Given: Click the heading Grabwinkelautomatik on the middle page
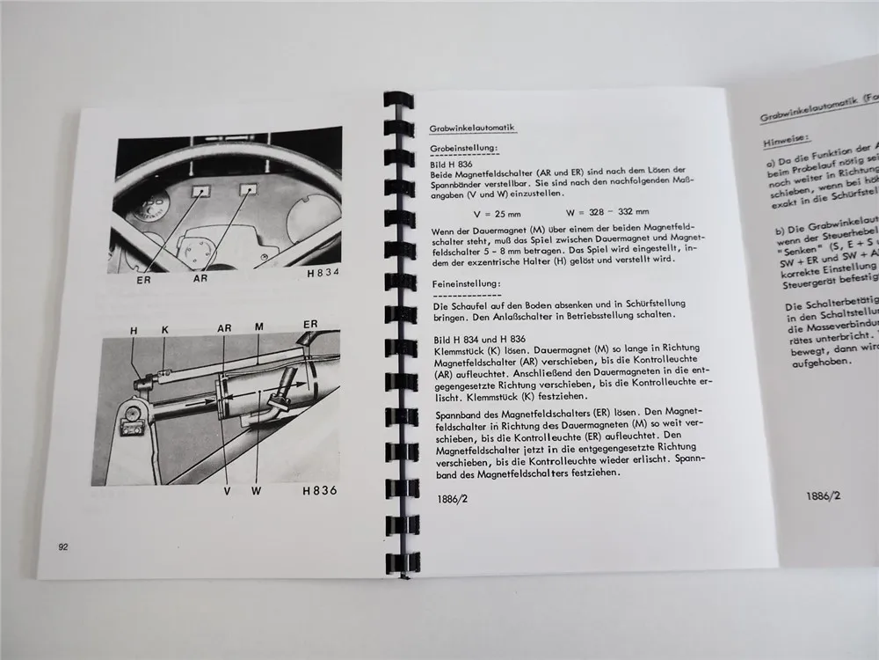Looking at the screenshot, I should (x=472, y=128).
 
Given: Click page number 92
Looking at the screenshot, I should (x=62, y=546).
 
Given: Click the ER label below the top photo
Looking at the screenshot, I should (x=143, y=282).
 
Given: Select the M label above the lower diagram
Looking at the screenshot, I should (x=259, y=326).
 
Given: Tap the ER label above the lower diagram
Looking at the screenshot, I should (x=310, y=325).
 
